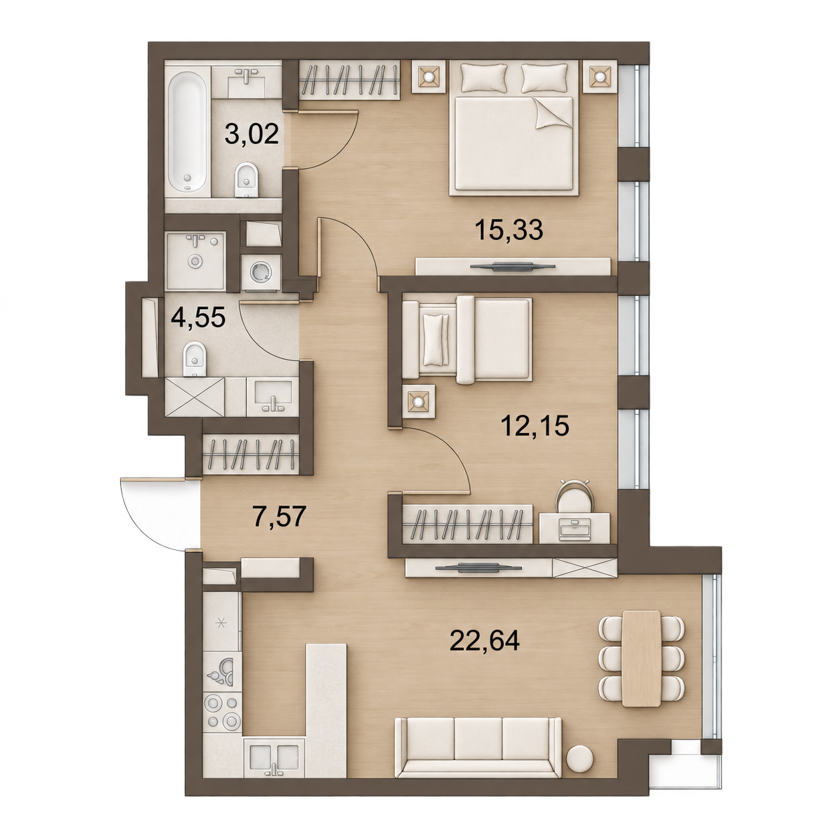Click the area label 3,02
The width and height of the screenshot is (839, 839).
(x=252, y=133)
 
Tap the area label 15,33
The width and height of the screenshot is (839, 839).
(x=509, y=229)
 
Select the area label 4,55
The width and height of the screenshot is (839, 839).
(x=198, y=316)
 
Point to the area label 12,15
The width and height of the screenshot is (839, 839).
(x=535, y=425)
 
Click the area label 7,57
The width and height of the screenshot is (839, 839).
(x=280, y=517)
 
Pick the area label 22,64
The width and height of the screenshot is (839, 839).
(x=484, y=640)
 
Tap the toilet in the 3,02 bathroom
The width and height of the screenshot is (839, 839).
(x=246, y=180)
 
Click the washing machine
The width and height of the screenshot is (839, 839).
(x=260, y=272)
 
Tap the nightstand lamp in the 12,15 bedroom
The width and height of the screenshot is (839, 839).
(x=418, y=401)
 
